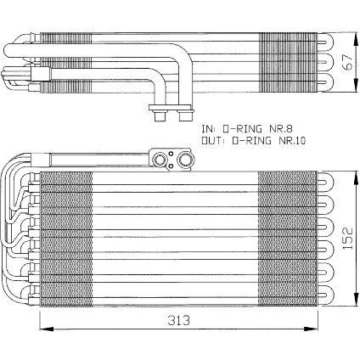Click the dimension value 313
point(178,321)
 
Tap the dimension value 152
point(347,239)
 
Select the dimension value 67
point(347,62)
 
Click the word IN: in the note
point(209,129)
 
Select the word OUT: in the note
point(213,140)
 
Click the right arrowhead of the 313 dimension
point(311,329)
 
